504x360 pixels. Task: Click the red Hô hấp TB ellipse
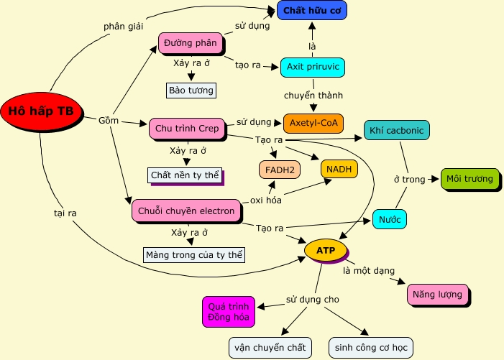(42, 111)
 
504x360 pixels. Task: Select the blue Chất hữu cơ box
(312, 10)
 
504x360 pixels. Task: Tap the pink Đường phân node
(190, 43)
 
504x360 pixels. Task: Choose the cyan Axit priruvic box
(312, 67)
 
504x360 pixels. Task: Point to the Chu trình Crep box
(186, 129)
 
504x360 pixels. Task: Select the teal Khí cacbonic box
(397, 130)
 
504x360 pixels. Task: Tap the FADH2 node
(279, 170)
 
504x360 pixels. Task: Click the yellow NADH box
(339, 169)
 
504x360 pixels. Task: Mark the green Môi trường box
(469, 178)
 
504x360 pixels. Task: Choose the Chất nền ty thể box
(184, 175)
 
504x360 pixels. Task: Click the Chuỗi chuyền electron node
(185, 211)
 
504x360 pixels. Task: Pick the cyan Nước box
(390, 218)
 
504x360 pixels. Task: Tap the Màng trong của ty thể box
(194, 254)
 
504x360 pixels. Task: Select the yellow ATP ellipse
(326, 249)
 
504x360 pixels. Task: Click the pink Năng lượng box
(437, 294)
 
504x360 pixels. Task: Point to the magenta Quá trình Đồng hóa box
(228, 311)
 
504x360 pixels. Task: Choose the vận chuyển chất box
(270, 348)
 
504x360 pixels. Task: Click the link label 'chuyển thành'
(313, 95)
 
